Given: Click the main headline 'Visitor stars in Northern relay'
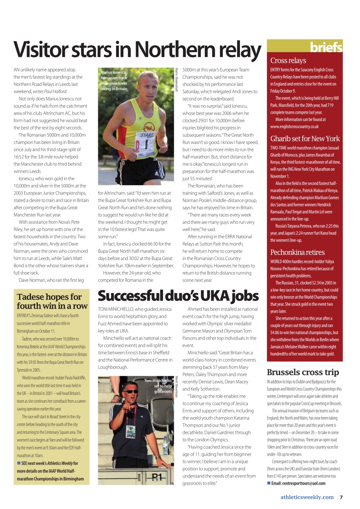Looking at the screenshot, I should [137, 50].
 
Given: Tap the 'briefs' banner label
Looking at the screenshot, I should [326, 48].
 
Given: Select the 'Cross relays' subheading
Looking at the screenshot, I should [288, 61].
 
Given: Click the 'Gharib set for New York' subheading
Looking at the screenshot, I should [305, 139].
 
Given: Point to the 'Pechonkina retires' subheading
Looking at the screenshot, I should [297, 253].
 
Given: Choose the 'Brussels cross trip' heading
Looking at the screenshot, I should [303, 373].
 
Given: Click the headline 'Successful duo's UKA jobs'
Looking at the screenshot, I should [178, 296].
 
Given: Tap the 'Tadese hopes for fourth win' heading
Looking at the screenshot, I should [52, 301].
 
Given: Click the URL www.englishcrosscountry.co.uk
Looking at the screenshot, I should [294, 126].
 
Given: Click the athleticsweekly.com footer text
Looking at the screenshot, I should [307, 497].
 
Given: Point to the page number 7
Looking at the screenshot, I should [341, 497].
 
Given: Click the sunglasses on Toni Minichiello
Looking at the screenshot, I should [132, 391].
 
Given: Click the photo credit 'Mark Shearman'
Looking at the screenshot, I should [176, 388].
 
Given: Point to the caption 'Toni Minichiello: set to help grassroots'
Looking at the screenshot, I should [160, 386].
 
